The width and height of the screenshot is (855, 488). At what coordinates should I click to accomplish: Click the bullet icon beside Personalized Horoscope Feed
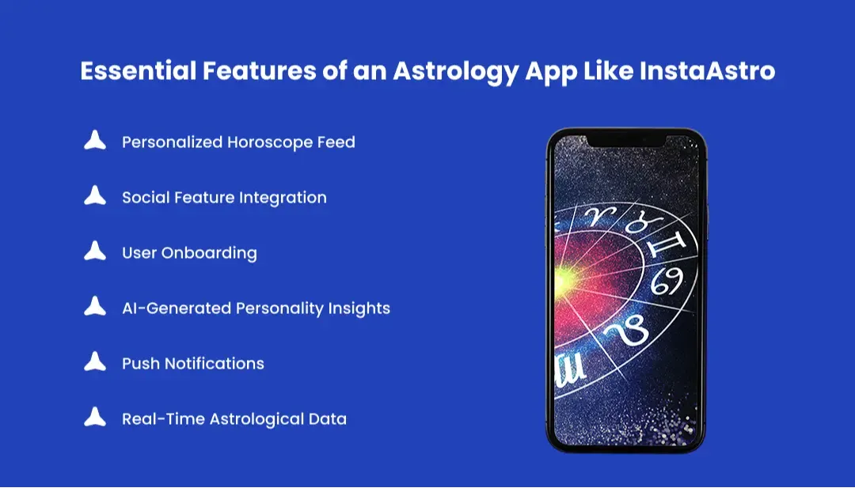click(x=95, y=142)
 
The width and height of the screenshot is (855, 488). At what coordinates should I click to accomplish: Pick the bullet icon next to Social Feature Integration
click(x=95, y=197)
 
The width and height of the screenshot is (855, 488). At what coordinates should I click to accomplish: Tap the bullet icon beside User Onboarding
click(x=95, y=252)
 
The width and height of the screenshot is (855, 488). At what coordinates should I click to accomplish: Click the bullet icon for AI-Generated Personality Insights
click(x=95, y=308)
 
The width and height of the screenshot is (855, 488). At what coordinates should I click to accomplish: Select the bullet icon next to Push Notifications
click(x=95, y=363)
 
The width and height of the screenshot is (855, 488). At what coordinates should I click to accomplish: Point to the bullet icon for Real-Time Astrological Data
click(x=95, y=418)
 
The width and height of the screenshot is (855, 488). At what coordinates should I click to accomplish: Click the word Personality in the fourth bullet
click(x=283, y=308)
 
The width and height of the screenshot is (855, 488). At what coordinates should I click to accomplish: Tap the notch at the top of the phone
click(x=626, y=140)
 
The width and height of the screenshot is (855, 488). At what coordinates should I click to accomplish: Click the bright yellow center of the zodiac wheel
click(x=564, y=277)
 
